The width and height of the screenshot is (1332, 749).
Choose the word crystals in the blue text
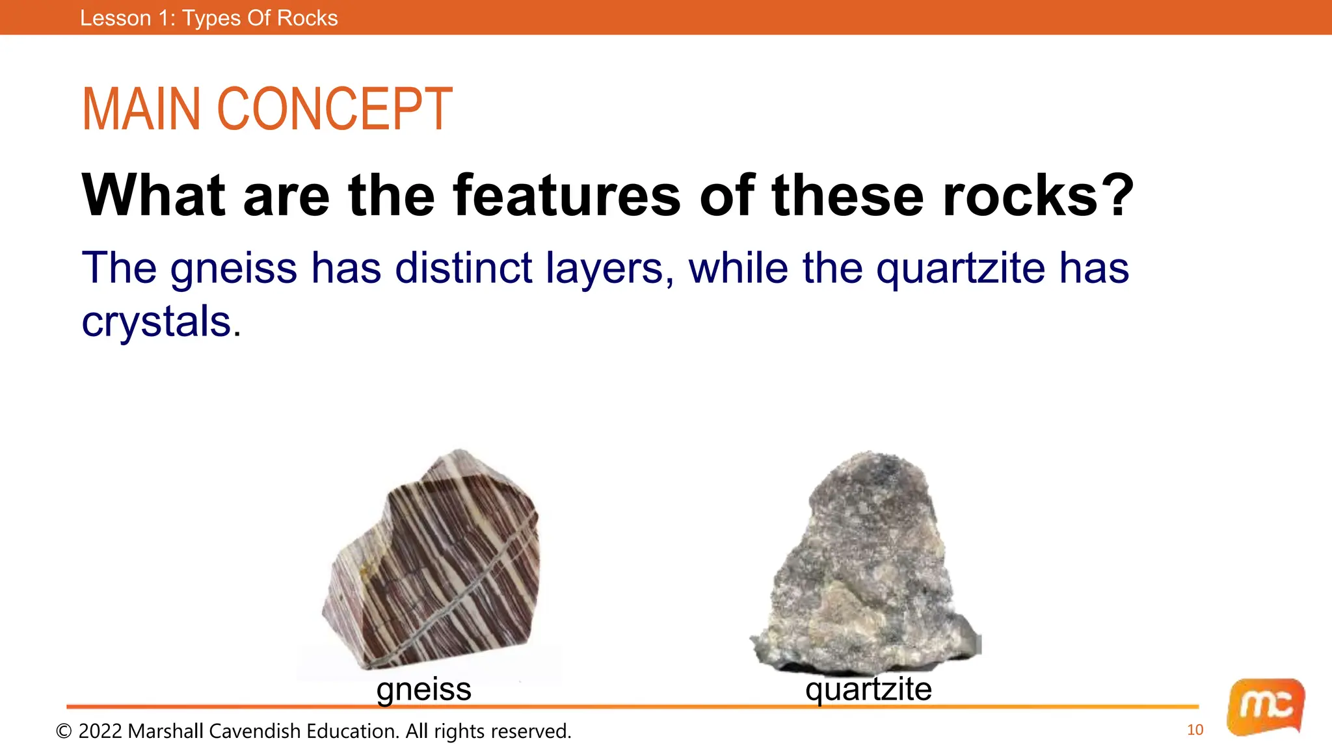click(156, 321)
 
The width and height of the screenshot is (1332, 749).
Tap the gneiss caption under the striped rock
click(423, 689)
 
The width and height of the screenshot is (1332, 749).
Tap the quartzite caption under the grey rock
click(868, 689)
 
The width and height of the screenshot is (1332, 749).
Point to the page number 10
click(1195, 730)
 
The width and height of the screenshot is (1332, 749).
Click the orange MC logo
click(1265, 707)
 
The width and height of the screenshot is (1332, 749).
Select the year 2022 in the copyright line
click(100, 731)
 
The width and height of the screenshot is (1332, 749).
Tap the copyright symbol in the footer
click(64, 731)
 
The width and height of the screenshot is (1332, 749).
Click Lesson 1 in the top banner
click(121, 18)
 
